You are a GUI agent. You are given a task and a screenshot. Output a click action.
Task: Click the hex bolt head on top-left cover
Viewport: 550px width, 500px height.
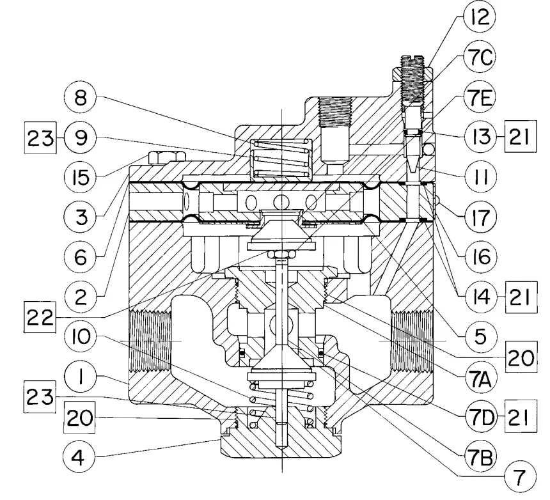(x=166, y=156)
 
